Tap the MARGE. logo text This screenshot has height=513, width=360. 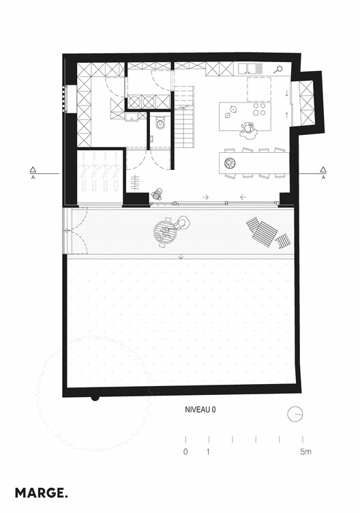click(x=42, y=492)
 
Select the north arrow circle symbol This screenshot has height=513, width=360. click(x=295, y=414)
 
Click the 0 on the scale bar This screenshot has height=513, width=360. click(x=185, y=452)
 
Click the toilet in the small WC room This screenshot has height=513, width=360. click(x=160, y=123)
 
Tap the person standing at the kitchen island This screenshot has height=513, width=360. click(x=249, y=127)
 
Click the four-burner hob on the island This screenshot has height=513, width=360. click(x=260, y=110)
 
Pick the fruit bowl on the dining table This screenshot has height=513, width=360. click(x=229, y=162)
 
